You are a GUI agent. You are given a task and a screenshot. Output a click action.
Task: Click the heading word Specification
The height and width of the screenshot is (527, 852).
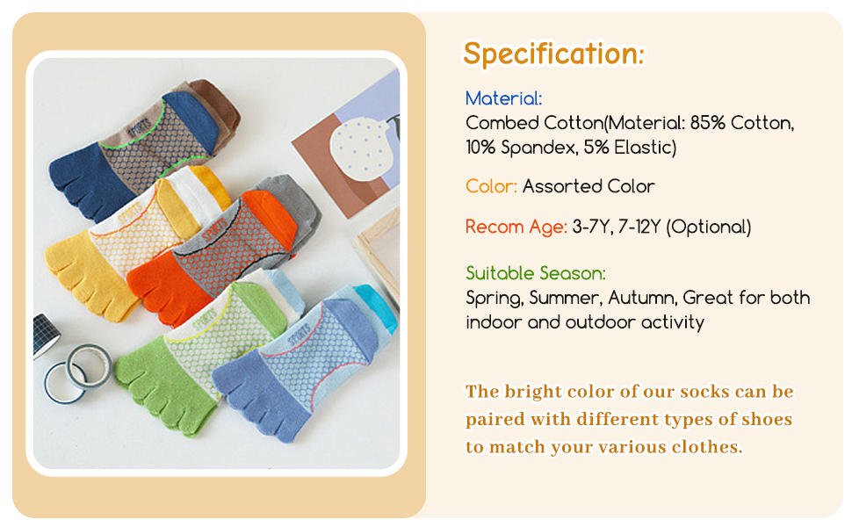[x=553, y=54]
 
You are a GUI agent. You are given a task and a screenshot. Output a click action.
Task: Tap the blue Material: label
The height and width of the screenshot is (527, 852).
[x=503, y=98]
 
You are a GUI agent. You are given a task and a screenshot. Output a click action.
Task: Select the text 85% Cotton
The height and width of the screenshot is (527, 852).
[x=741, y=123]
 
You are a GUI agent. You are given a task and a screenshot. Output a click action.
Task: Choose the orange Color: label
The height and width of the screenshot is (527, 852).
[x=491, y=186]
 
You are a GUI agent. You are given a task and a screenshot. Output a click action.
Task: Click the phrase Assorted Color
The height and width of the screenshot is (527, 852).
[x=588, y=186]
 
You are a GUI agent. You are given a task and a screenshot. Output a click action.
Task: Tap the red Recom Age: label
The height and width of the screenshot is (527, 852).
[x=516, y=227]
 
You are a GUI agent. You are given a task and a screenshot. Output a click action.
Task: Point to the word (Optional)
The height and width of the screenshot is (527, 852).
[x=709, y=227]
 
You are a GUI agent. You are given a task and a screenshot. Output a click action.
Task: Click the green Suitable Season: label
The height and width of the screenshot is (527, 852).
[x=535, y=273]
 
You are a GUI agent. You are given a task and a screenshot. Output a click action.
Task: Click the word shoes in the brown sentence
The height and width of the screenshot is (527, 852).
[x=764, y=419]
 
